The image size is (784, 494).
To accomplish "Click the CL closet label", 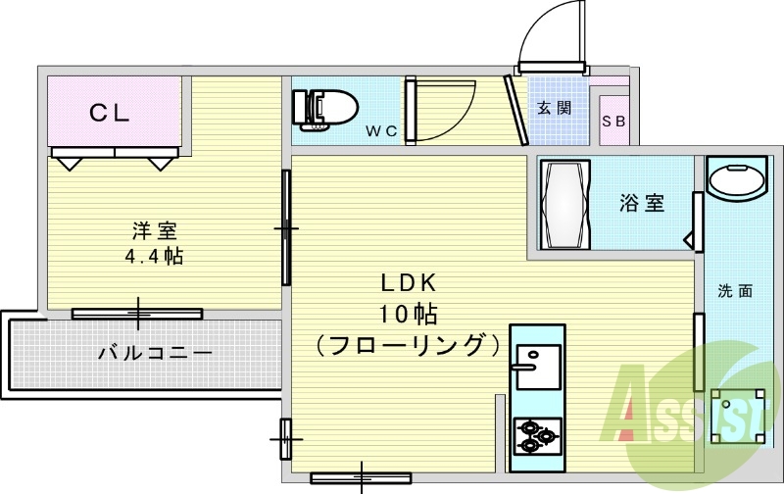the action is pos(110,113).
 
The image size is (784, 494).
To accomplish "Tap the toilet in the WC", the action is pos(324,110).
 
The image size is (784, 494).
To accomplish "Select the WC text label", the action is pos(381,131).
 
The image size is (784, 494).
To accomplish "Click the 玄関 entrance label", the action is pos(554,108).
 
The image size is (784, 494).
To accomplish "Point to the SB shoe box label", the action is pos(613,121).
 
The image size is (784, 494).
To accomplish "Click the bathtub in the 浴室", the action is pos(565,204).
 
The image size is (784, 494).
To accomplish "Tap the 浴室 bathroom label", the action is pos(642,203).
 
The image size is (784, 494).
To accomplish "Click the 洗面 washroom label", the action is pos(735,291).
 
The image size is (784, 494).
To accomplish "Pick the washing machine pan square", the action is pos(738,416).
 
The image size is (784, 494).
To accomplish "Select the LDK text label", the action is pos(409,283).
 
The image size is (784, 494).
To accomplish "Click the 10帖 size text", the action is pos(409,315).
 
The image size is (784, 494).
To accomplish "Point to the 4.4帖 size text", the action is pos(154,257).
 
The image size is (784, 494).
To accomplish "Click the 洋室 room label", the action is pos(155,230).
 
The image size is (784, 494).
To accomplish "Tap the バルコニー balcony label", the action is pos(155,354).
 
